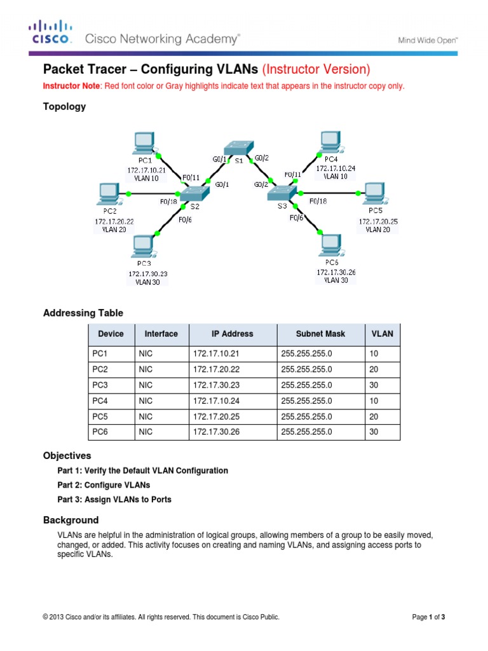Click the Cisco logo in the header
(x=50, y=34)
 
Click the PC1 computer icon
(x=144, y=144)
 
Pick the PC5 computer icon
(x=372, y=193)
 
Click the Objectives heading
(x=67, y=456)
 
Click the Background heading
(x=71, y=520)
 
